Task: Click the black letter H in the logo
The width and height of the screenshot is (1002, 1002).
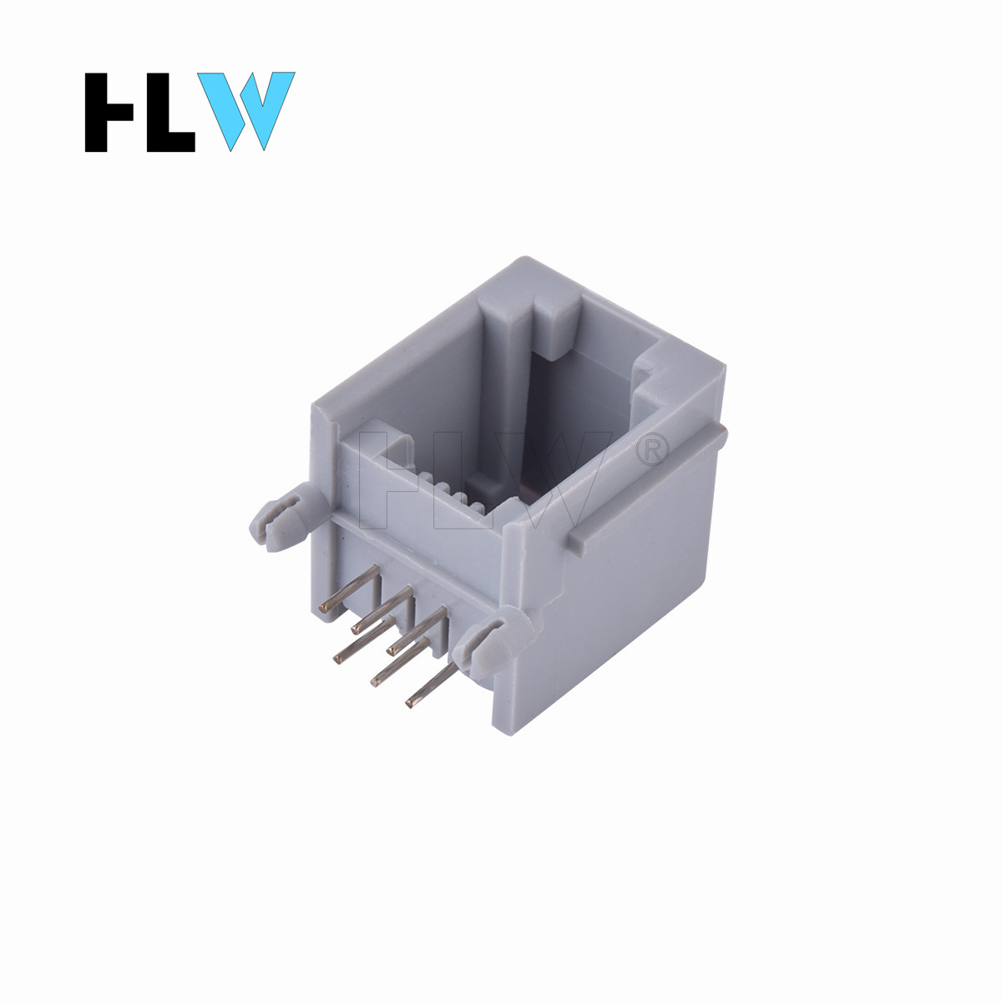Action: click(x=109, y=113)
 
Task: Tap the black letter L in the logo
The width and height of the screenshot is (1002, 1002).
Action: click(x=170, y=113)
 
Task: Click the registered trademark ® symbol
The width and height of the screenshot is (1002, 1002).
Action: click(x=652, y=450)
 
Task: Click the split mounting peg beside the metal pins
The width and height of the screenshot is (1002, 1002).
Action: click(x=495, y=646)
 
